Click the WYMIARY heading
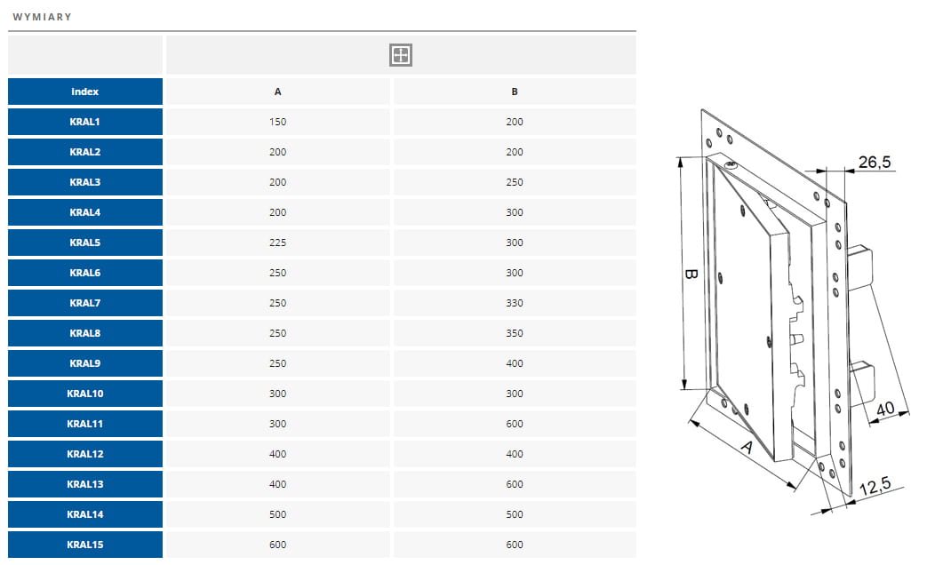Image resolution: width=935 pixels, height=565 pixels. point(42,17)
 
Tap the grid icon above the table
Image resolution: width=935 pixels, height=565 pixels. point(401,55)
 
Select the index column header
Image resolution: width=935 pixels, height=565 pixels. point(84,92)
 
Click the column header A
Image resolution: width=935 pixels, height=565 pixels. point(278,92)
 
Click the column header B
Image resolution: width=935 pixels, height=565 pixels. point(515,92)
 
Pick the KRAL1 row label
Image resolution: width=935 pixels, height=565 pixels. point(84,122)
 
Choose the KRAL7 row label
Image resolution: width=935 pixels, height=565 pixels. point(84,303)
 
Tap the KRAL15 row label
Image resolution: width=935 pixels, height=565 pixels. point(84,545)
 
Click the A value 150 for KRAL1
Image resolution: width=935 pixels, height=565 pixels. point(278,122)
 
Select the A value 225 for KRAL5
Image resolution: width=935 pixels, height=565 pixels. point(278,243)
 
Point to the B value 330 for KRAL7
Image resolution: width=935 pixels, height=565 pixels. point(515,303)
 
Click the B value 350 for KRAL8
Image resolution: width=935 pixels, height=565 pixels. point(515,333)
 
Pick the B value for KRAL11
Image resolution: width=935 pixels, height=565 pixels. point(515,424)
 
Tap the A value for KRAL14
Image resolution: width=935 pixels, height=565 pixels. point(278,514)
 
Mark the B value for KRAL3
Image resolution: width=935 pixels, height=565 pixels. point(515,182)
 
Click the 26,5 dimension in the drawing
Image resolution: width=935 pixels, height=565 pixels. point(875,162)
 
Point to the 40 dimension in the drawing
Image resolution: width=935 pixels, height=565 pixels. point(885,409)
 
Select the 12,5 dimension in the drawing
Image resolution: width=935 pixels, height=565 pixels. point(875,486)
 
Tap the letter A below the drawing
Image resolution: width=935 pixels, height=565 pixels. point(746,446)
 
